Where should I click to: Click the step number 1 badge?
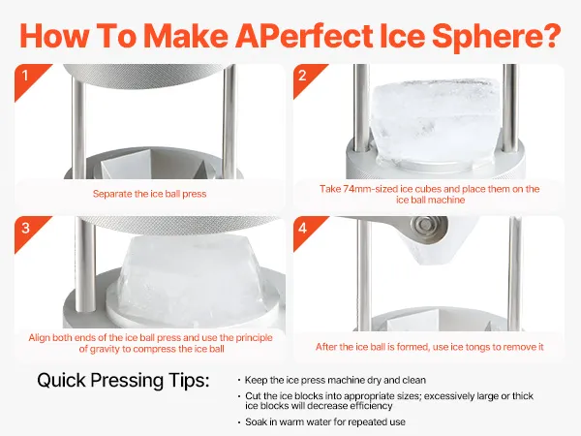point(27,78)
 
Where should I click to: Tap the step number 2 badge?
point(305,78)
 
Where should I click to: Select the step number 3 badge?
point(27,230)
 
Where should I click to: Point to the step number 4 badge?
point(305,230)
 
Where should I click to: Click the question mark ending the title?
point(549,35)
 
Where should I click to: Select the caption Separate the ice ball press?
point(149,194)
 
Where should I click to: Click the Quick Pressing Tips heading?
point(123,381)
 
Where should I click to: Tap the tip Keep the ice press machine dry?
point(335,380)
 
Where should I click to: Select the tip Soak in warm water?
point(325,421)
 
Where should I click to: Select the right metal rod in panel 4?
point(516,273)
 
